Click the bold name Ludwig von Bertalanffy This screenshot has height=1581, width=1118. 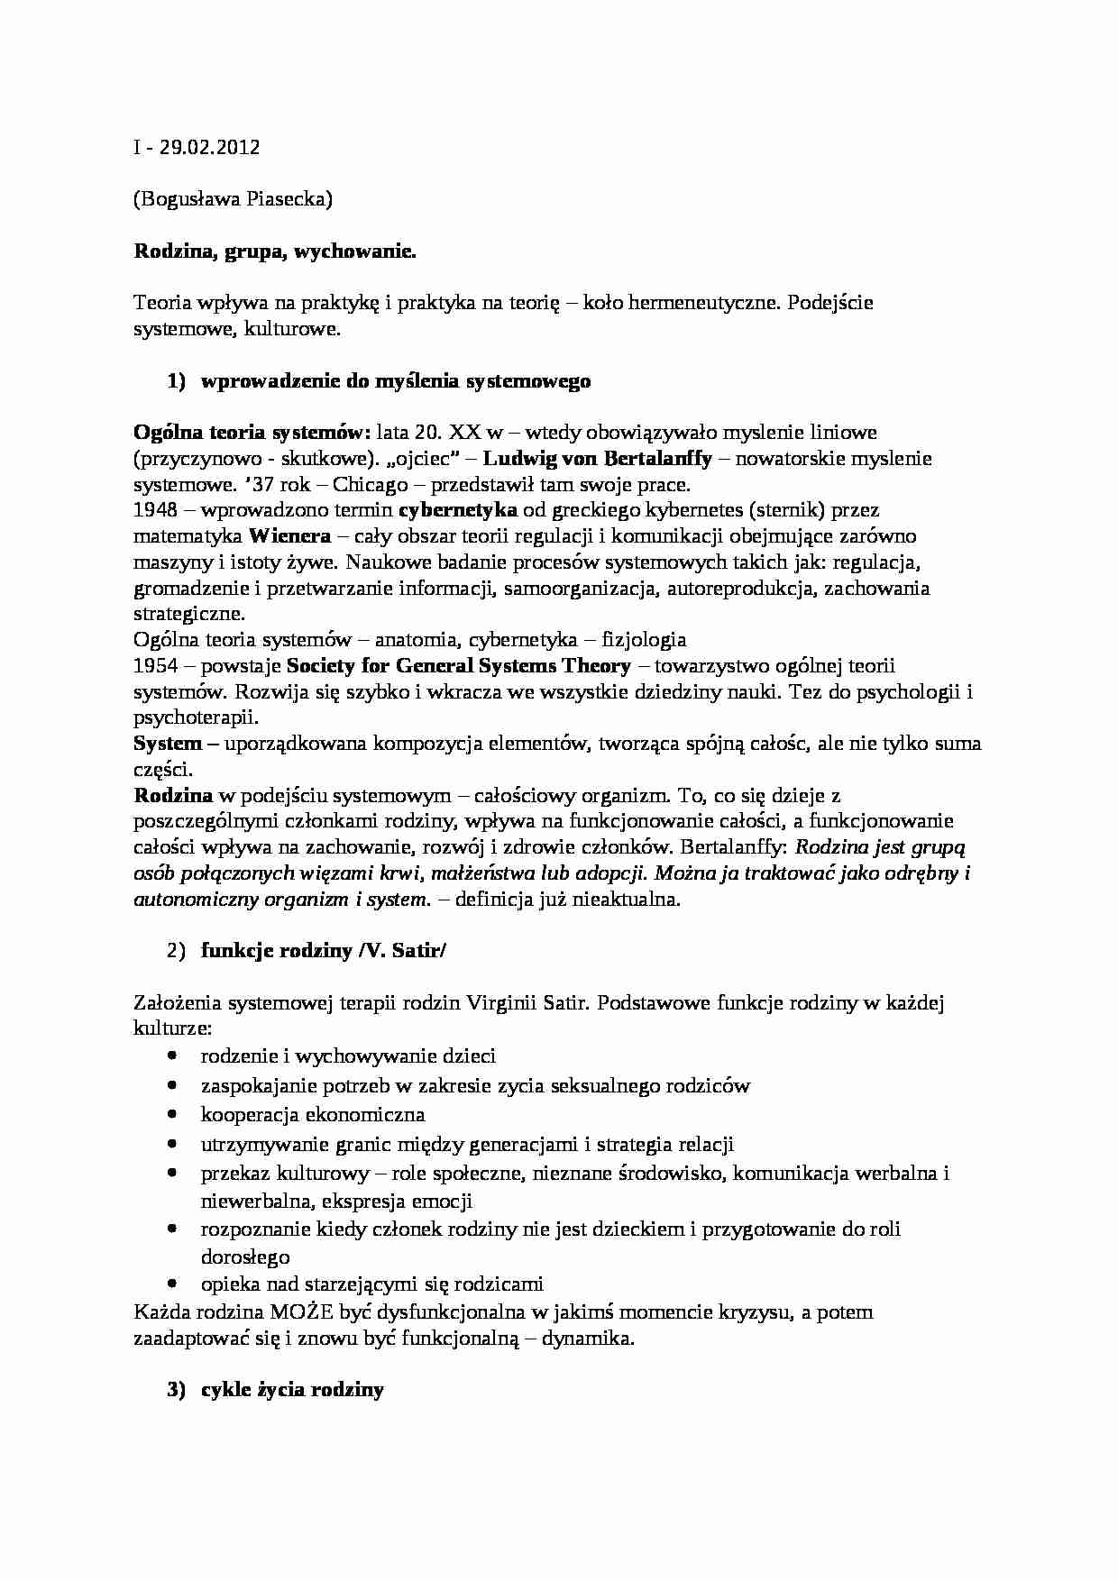pos(598,458)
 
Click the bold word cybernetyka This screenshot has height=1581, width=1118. pos(457,510)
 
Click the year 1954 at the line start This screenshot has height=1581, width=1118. pos(155,666)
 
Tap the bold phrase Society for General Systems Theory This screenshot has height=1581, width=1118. pos(459,666)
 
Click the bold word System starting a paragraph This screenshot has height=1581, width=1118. pos(168,745)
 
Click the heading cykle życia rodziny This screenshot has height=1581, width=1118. pos(292,1390)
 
